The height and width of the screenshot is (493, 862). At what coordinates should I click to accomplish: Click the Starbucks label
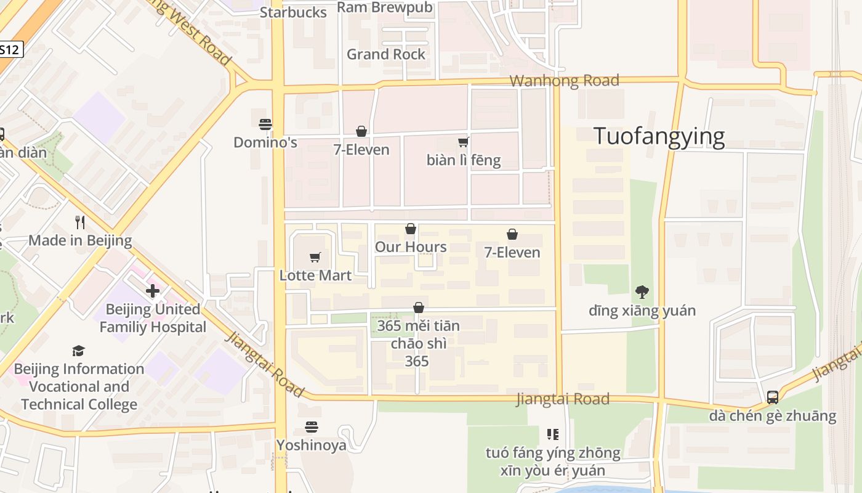pyautogui.click(x=293, y=12)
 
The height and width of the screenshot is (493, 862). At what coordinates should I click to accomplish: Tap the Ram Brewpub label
pyautogui.click(x=385, y=7)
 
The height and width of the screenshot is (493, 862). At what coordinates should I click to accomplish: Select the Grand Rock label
pyautogui.click(x=386, y=54)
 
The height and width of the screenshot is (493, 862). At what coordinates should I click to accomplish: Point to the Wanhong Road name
pyautogui.click(x=565, y=81)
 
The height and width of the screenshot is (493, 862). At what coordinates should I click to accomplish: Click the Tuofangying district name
pyautogui.click(x=659, y=136)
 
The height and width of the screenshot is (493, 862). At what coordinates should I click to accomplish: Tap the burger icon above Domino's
pyautogui.click(x=265, y=124)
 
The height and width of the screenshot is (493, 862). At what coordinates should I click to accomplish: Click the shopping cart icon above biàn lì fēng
pyautogui.click(x=463, y=142)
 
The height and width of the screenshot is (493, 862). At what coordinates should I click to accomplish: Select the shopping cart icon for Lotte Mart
pyautogui.click(x=315, y=257)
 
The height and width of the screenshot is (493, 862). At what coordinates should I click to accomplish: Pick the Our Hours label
pyautogui.click(x=411, y=247)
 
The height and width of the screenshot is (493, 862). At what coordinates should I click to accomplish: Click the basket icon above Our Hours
pyautogui.click(x=411, y=229)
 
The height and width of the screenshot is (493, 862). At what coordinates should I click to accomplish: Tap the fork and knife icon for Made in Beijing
pyautogui.click(x=80, y=222)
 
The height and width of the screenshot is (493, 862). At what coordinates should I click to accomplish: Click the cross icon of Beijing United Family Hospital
pyautogui.click(x=153, y=291)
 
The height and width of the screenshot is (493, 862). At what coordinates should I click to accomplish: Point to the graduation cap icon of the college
pyautogui.click(x=78, y=351)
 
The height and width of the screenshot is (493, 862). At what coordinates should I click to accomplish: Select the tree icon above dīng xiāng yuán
pyautogui.click(x=642, y=291)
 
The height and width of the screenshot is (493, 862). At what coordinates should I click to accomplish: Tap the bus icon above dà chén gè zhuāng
pyautogui.click(x=773, y=397)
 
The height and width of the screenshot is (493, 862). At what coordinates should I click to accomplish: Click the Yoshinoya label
pyautogui.click(x=312, y=445)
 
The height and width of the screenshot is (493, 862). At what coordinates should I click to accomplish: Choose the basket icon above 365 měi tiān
pyautogui.click(x=419, y=308)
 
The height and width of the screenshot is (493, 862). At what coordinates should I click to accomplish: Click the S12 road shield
pyautogui.click(x=9, y=50)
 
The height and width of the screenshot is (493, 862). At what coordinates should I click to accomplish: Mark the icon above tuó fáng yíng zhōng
pyautogui.click(x=552, y=434)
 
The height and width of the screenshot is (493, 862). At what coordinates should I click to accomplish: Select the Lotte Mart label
pyautogui.click(x=315, y=275)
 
